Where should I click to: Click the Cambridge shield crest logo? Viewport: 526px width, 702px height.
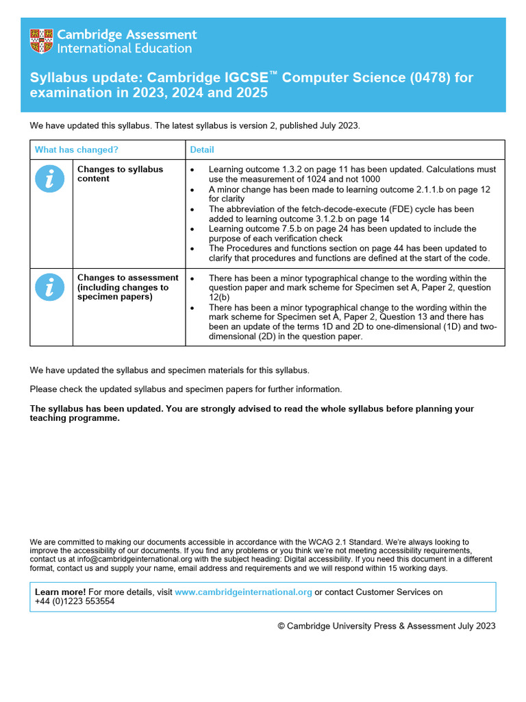[x=41, y=41]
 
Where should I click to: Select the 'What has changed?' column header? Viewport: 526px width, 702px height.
[x=76, y=149]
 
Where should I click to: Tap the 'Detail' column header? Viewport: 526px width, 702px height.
[x=202, y=149]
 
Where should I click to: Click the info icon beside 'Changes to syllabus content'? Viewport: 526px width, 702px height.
[x=49, y=179]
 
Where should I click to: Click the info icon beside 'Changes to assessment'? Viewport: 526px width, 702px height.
[x=49, y=287]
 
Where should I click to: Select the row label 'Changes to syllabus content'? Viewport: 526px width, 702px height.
[x=120, y=174]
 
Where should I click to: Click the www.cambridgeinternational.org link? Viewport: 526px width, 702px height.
[x=243, y=592]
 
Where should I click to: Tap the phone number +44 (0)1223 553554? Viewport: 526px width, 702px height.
[x=75, y=601]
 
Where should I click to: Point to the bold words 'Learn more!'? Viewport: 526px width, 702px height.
[x=60, y=592]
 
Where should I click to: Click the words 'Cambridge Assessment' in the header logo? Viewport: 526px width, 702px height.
[x=127, y=34]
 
